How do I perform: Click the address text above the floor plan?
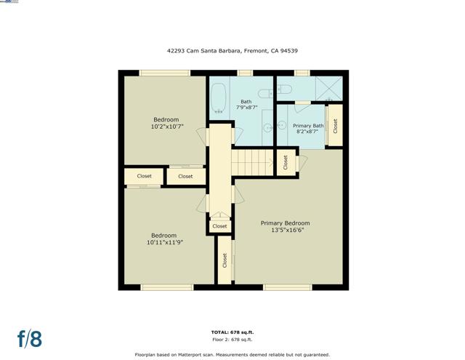point(232,52)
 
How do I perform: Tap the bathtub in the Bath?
point(219,100)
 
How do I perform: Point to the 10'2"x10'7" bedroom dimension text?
point(166,127)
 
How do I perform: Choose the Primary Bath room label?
point(308,126)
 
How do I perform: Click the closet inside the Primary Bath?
point(335,126)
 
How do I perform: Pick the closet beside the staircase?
point(286,161)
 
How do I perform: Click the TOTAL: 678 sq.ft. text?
point(232,332)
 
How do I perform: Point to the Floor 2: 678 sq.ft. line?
point(232,340)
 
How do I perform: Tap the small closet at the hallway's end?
point(219,226)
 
